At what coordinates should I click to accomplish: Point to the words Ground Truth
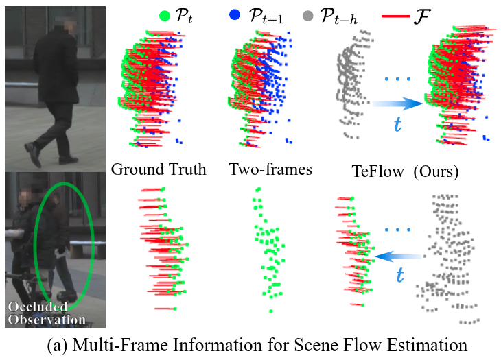[159, 169]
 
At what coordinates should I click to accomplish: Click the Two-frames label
[270, 169]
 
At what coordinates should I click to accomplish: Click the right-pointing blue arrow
[397, 104]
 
